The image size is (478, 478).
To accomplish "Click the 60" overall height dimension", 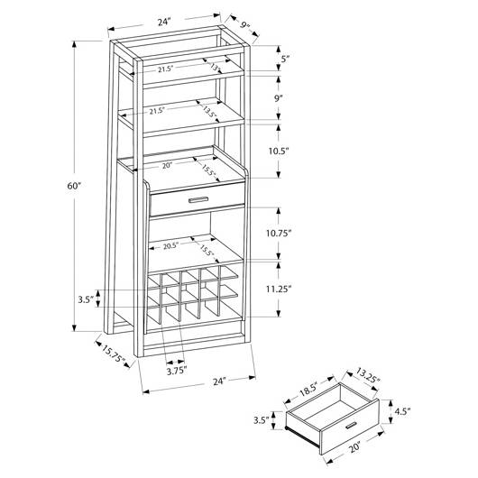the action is coord(74,186).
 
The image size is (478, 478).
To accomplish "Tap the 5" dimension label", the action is coord(285,59).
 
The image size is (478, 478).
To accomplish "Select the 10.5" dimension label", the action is coord(279,152).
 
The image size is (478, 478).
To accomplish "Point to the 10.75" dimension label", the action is coord(279,234).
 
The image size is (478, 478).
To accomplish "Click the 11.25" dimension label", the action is coord(279,289).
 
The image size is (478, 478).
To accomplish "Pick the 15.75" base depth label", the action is coord(113,354).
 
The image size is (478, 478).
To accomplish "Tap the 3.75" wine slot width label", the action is coord(177,371).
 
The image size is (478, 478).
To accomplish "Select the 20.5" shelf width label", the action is coord(170,246).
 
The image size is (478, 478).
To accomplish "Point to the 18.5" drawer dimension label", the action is coord(308,389).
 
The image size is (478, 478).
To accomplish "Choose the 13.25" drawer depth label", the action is coord(368,376).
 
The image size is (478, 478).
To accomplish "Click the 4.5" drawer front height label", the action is coord(402,411).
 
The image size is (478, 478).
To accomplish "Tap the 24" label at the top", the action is coord(163,22).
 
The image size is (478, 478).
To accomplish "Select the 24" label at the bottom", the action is coord(219,381).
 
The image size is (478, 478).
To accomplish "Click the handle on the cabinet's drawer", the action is coord(198,199).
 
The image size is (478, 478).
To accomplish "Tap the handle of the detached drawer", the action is coord(351,426).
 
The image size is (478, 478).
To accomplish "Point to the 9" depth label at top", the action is coord(244,25).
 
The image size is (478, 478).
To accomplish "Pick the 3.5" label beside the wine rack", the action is coord(85,299).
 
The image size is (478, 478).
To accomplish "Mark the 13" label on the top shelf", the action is coord(215,68).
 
